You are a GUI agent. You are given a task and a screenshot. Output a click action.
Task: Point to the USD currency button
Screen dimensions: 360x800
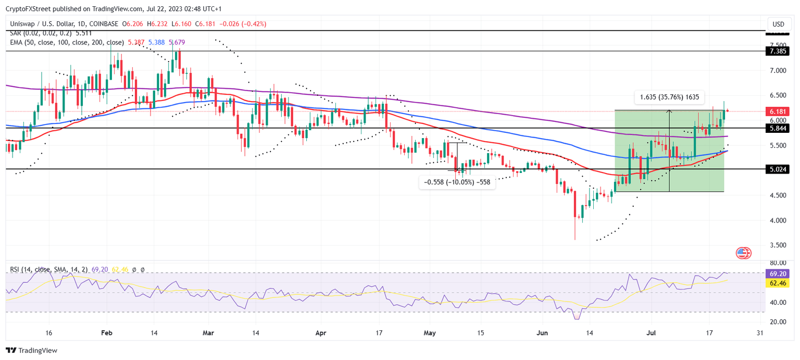point(778,24)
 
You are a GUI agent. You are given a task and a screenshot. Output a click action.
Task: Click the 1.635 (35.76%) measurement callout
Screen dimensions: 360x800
point(669,96)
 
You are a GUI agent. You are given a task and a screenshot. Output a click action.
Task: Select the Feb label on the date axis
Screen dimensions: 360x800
point(106,332)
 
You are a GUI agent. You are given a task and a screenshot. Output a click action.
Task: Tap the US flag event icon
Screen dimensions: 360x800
point(743,253)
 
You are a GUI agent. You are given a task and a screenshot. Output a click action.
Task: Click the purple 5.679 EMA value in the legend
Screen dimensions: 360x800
point(176,42)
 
